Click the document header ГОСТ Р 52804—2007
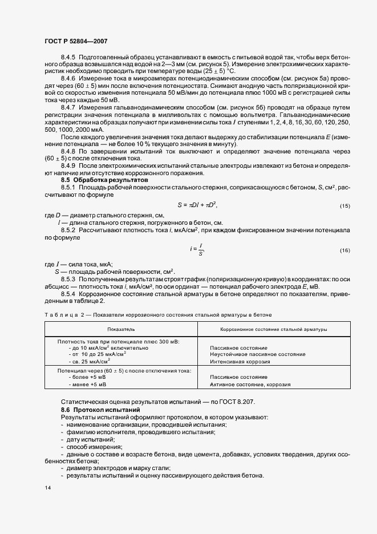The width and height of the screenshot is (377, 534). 76,41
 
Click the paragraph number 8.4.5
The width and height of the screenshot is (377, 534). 68,57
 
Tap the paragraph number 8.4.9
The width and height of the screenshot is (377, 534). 68,166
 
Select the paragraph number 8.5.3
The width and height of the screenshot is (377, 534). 68,280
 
